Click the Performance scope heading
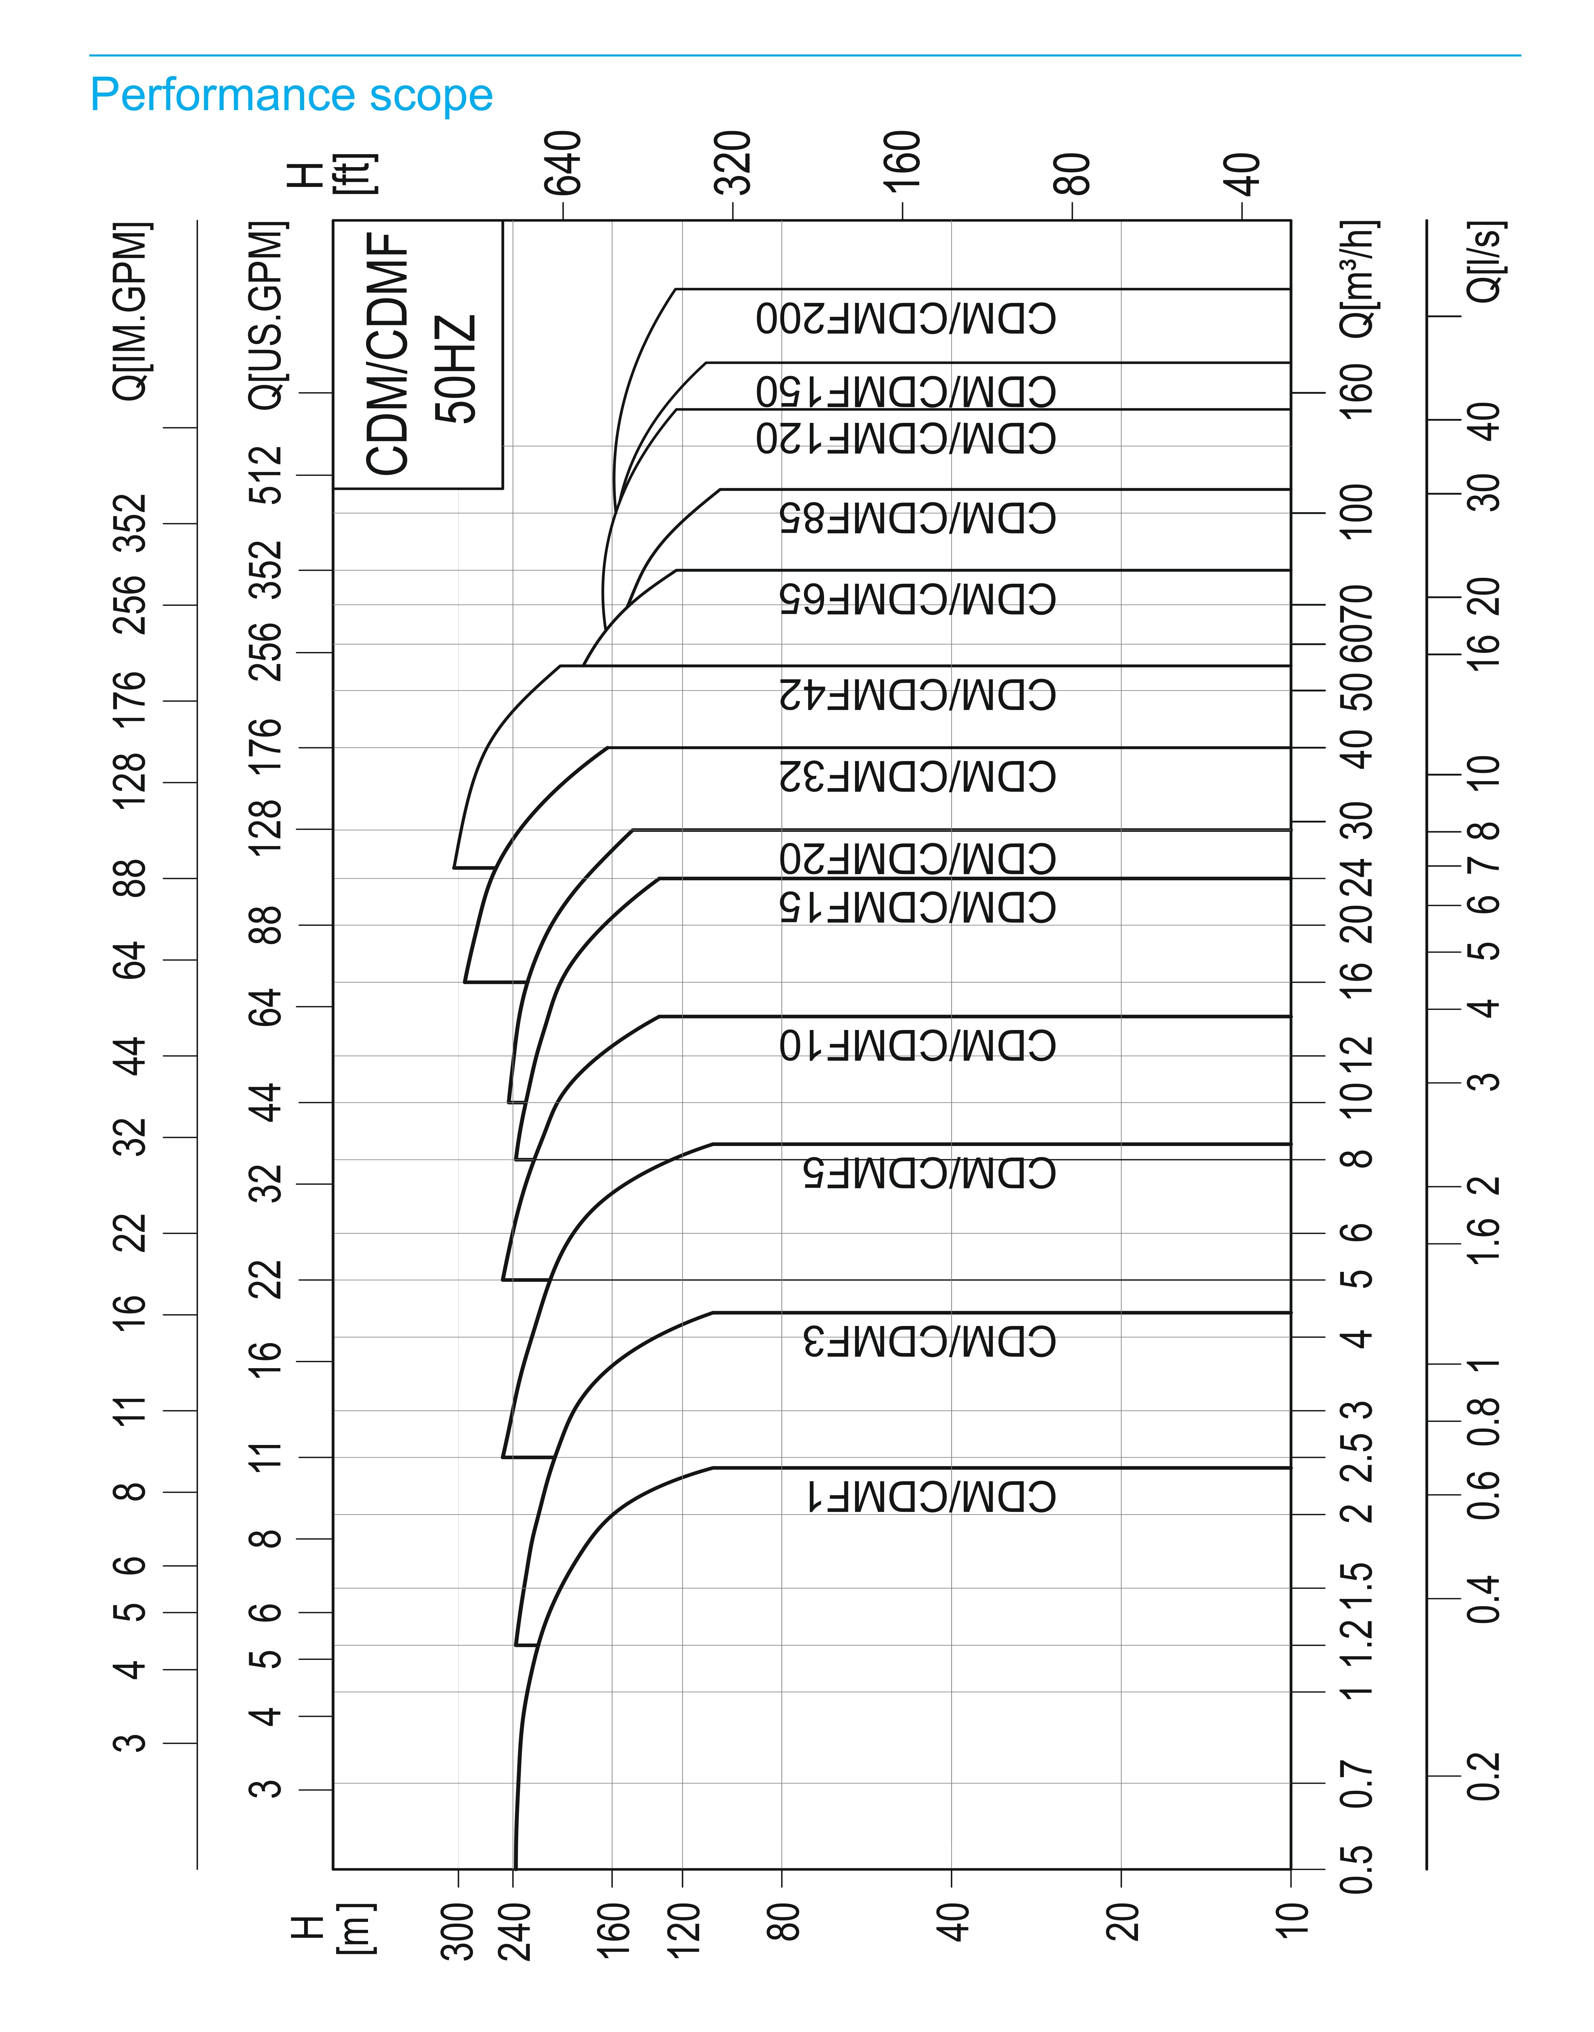[291, 95]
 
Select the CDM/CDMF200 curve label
[906, 319]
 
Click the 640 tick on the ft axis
[564, 162]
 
